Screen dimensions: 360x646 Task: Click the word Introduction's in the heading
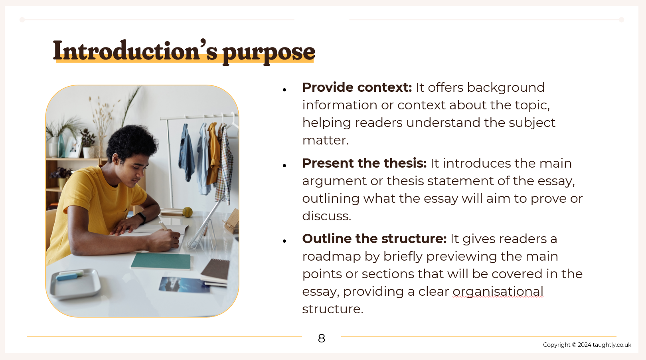pos(135,51)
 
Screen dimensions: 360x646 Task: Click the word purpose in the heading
pos(269,53)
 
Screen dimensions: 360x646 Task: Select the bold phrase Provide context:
pos(357,87)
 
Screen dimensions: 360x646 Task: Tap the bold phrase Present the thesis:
pos(364,163)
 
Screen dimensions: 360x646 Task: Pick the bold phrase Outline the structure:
pos(374,239)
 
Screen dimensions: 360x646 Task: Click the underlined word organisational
pos(498,291)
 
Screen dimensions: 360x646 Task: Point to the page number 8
pos(322,338)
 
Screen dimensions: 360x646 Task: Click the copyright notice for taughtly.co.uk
pos(587,345)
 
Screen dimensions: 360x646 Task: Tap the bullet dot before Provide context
pos(284,90)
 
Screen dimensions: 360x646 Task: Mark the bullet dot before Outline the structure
pos(284,241)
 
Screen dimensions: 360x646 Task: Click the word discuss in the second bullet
pos(326,216)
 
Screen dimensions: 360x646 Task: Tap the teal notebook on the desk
pos(161,261)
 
